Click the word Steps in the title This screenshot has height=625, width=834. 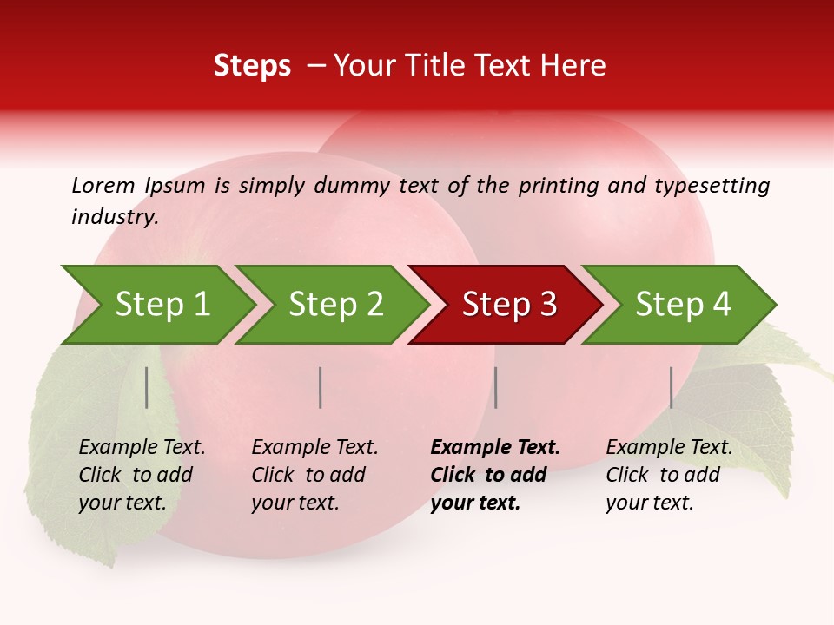click(252, 66)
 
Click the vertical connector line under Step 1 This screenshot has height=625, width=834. click(147, 387)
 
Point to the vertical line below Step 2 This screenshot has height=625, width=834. click(321, 387)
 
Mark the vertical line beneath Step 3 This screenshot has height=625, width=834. click(495, 387)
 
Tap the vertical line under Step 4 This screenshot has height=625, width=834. click(671, 387)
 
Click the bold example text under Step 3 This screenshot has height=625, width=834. click(494, 475)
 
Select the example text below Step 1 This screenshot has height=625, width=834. click(142, 475)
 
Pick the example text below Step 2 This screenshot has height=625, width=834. click(314, 475)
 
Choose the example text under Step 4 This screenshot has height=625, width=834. click(669, 475)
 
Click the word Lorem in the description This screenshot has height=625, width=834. click(103, 185)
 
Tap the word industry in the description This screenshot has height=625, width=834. click(115, 217)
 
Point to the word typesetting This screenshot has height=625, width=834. click(712, 186)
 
